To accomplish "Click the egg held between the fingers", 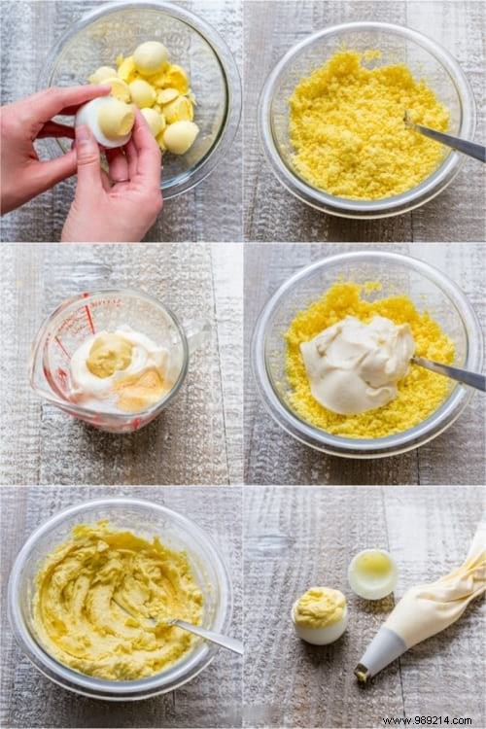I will click(x=106, y=120).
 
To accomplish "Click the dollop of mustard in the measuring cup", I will click(x=109, y=356).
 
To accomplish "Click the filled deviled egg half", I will click(x=319, y=616).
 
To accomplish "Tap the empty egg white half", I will click(x=372, y=573).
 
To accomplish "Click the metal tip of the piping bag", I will click(x=362, y=672).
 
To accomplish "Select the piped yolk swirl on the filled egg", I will click(x=319, y=607).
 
